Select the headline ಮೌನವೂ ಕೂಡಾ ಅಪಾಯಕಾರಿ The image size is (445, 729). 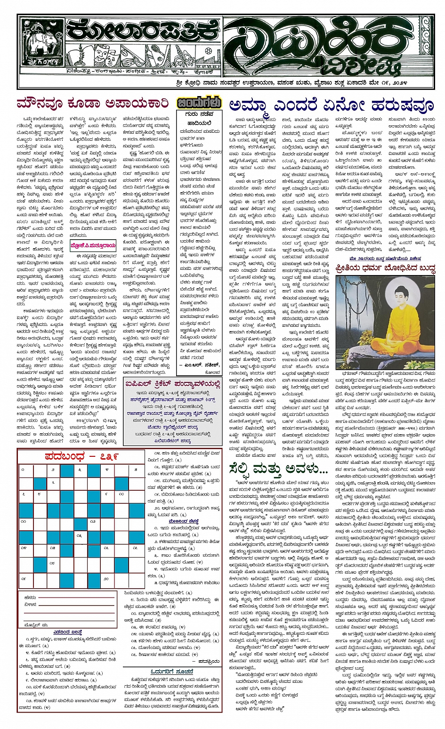click(92, 103)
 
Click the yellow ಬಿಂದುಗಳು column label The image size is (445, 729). click(198, 103)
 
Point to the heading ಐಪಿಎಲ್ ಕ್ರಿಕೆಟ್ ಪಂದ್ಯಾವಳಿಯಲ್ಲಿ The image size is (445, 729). click(172, 383)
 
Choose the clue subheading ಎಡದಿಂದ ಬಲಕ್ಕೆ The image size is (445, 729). click(67, 632)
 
